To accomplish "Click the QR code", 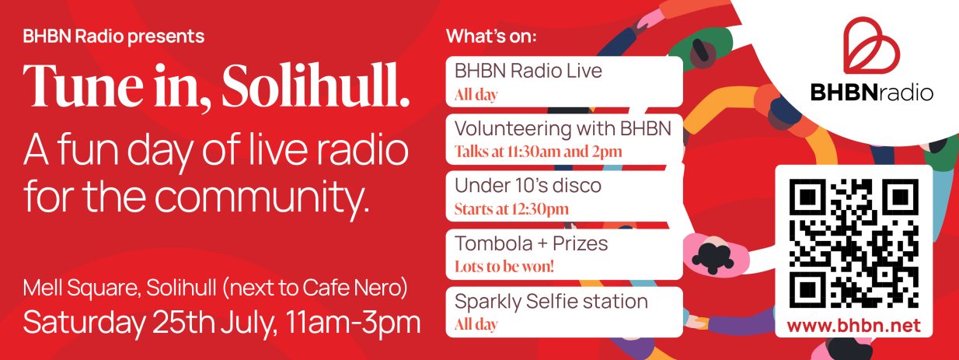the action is [x=854, y=243].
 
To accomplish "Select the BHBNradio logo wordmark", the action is [x=872, y=93].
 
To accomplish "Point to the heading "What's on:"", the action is [x=491, y=36].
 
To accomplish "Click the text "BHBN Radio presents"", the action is [x=113, y=37].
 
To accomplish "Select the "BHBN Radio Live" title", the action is [x=528, y=71].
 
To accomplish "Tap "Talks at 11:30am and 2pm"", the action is [x=538, y=152].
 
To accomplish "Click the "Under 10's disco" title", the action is [x=528, y=186].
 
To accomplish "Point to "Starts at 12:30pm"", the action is [x=511, y=209].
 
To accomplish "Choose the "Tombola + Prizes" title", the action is [x=532, y=243].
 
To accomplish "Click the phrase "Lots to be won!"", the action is [x=504, y=267].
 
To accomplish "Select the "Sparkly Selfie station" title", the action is [x=551, y=301].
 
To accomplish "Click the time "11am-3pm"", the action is [x=353, y=322].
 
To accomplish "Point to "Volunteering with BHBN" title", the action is [x=563, y=128].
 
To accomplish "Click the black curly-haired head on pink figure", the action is [x=713, y=257].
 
